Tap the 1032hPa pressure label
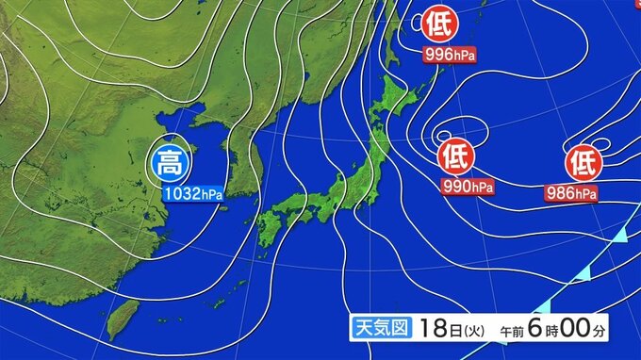click(192, 194)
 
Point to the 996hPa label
click(449, 55)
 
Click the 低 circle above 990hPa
click(455, 154)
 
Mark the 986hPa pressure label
click(571, 194)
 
